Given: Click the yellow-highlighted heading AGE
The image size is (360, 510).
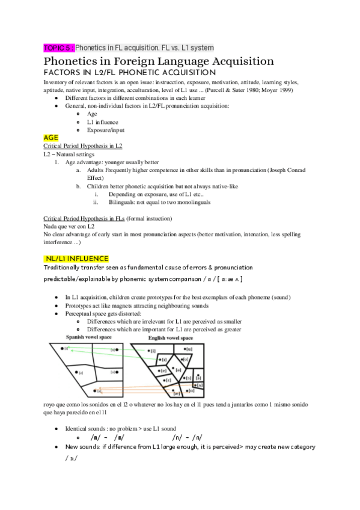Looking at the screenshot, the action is (51, 137).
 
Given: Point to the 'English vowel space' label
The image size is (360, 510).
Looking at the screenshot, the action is (170, 338).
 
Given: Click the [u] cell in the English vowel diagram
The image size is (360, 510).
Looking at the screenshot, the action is (189, 349).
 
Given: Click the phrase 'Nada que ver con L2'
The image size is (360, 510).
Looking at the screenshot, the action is (69, 226).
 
